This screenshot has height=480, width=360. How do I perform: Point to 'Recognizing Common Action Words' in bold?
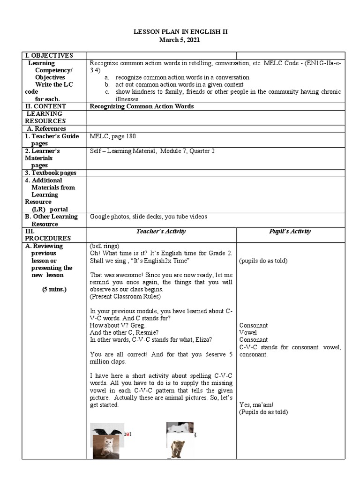point(142,106)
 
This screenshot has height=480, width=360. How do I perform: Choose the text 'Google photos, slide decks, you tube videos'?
point(148,217)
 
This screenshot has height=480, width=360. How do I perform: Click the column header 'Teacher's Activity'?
point(161,231)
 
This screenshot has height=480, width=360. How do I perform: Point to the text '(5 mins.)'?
point(54,289)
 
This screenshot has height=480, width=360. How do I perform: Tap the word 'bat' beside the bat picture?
point(127,434)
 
